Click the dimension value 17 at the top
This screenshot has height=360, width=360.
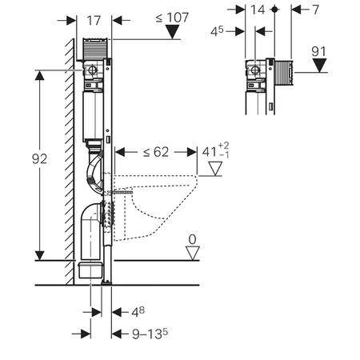click(94, 21)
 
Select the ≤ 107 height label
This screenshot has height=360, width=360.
click(172, 18)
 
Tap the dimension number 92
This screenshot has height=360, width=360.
click(39, 159)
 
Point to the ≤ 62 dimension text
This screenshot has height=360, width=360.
click(156, 152)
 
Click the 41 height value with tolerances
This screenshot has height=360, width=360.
click(215, 151)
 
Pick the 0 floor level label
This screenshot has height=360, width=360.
click(192, 239)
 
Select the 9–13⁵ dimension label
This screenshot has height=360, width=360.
click(150, 334)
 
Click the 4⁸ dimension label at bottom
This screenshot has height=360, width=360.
click(138, 312)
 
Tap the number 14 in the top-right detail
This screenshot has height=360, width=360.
click(258, 10)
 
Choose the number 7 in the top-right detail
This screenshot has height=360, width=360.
click(315, 10)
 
